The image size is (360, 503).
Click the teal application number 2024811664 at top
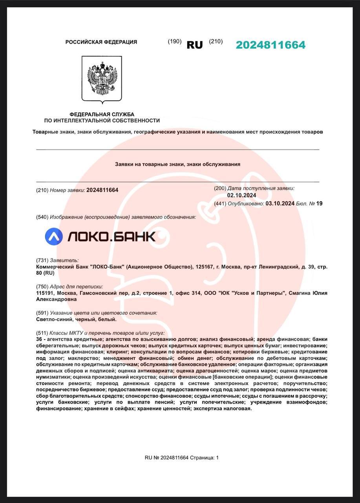(x=270, y=45)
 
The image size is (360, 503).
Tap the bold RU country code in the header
(x=194, y=45)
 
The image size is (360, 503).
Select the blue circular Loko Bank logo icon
(x=54, y=236)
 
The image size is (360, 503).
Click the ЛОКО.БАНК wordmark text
(x=111, y=236)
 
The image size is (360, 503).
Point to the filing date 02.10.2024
(x=241, y=195)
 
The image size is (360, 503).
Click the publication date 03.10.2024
(x=280, y=203)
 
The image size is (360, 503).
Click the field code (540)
(x=42, y=217)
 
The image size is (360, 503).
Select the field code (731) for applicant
(x=42, y=260)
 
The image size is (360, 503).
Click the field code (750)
(x=42, y=286)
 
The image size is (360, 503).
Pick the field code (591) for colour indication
(x=42, y=313)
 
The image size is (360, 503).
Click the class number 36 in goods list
(x=39, y=339)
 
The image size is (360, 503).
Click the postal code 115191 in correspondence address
(x=45, y=293)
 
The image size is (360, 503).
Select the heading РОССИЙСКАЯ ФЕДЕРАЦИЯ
(x=101, y=42)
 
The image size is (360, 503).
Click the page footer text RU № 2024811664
(x=166, y=457)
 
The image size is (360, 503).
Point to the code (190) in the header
(x=174, y=41)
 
